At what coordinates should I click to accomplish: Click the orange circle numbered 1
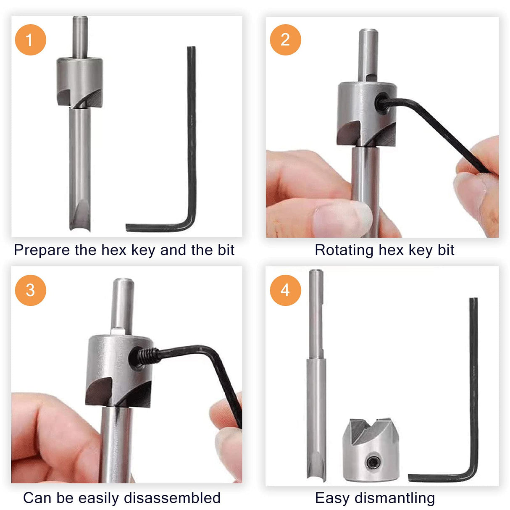(x=30, y=40)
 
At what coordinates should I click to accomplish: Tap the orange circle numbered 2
(x=285, y=40)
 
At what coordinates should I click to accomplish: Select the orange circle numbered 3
(x=30, y=290)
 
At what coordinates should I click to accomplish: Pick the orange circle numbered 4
(x=285, y=290)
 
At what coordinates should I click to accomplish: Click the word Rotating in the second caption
(x=344, y=250)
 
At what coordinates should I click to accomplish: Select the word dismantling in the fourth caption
(x=394, y=498)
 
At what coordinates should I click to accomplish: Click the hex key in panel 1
(x=192, y=139)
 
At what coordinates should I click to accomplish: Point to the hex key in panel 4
(x=474, y=386)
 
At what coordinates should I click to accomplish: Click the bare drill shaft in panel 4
(x=316, y=378)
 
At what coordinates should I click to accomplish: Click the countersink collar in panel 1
(x=80, y=82)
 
